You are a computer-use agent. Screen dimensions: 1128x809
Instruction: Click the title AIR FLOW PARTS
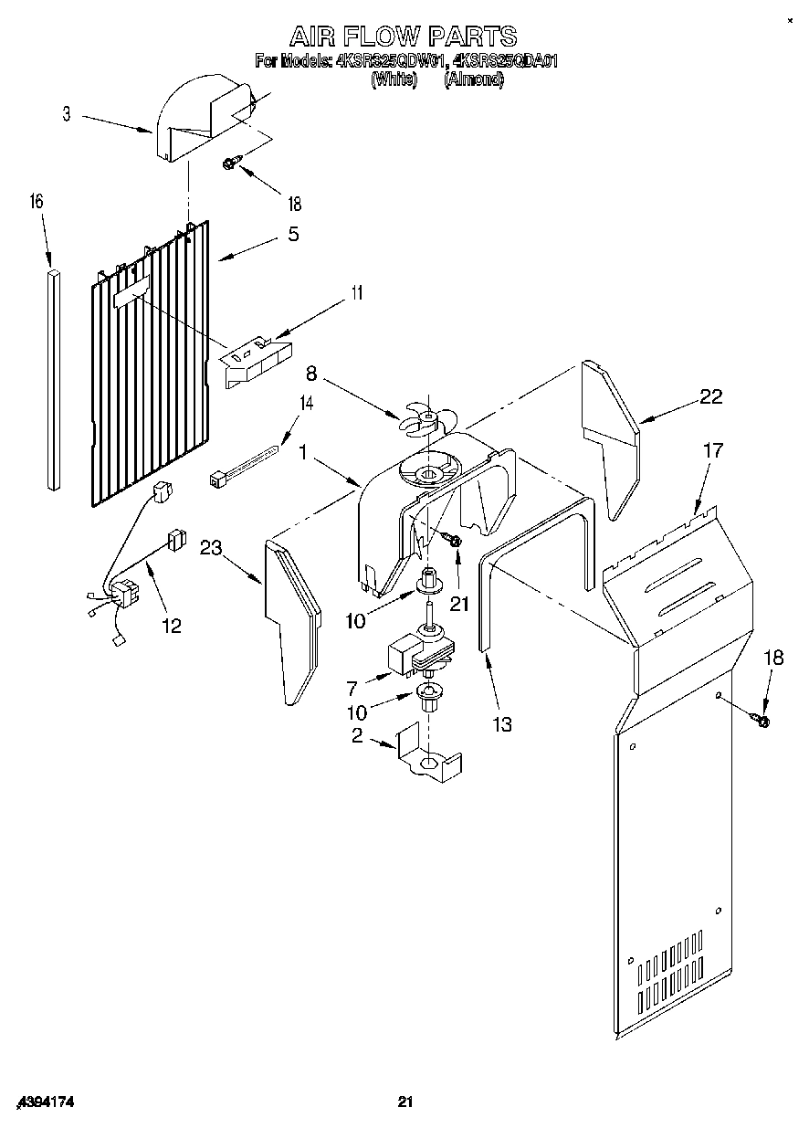tap(403, 36)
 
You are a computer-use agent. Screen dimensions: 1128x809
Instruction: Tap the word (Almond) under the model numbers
tap(473, 79)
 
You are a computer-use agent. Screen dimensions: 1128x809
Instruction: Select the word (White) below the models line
tap(394, 79)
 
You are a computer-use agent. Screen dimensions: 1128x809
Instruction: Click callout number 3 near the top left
tap(67, 114)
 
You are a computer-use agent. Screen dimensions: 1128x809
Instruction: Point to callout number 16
tap(37, 201)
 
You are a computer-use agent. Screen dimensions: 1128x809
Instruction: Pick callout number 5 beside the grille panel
tap(292, 234)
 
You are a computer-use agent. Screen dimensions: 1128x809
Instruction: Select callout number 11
tap(357, 293)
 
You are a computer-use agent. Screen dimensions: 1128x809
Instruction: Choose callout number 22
tap(710, 396)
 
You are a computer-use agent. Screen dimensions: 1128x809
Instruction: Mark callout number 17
tap(712, 450)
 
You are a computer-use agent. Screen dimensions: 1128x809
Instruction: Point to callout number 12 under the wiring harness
tap(170, 626)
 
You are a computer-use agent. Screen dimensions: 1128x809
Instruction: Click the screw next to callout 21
tap(452, 541)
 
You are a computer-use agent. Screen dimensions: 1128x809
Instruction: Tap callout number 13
tap(500, 724)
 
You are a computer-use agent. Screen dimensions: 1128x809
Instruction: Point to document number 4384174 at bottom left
tap(44, 1103)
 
